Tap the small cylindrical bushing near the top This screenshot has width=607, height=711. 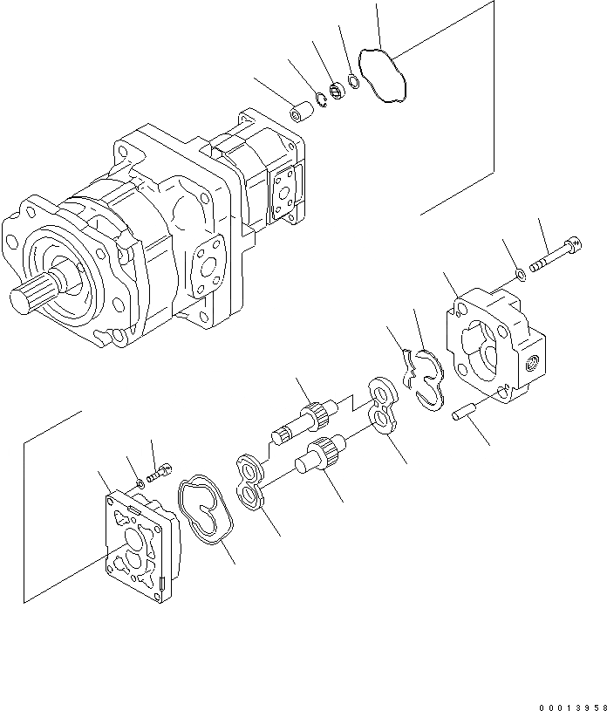(302, 114)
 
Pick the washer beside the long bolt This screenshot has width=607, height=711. (520, 276)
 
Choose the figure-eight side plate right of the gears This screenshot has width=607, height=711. (381, 403)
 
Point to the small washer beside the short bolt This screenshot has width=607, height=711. (140, 482)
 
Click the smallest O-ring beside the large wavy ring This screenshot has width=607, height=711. (354, 82)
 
